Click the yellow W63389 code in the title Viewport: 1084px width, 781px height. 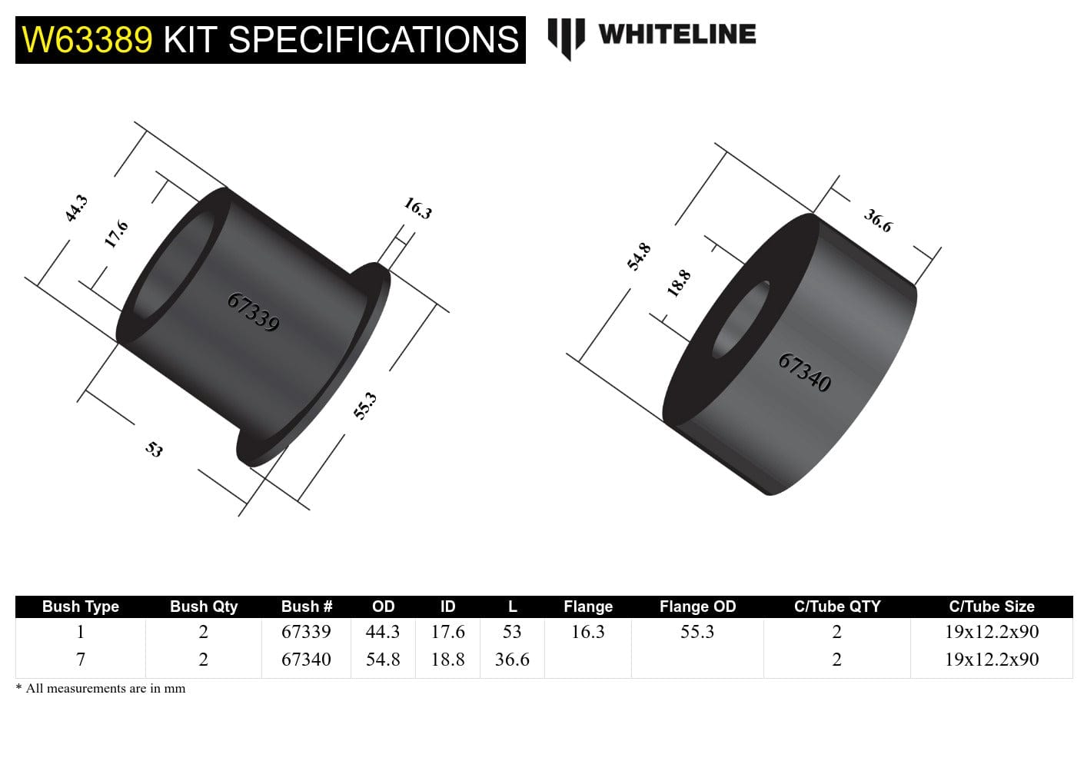[x=87, y=40]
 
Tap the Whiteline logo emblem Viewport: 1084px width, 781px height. [x=566, y=37]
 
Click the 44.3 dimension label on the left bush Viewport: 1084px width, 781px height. [x=76, y=208]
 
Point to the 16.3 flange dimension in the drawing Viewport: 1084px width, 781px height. [x=418, y=208]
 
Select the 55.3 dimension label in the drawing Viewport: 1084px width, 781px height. [x=365, y=405]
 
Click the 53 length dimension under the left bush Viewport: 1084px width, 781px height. [x=155, y=449]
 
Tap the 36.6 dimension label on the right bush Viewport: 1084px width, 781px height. [x=878, y=221]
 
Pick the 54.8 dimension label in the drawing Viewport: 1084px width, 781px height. [x=639, y=257]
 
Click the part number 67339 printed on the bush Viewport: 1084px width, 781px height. [x=253, y=311]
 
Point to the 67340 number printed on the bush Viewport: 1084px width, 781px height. [x=804, y=372]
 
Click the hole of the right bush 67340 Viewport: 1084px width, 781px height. [x=741, y=319]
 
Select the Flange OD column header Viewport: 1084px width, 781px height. [x=697, y=607]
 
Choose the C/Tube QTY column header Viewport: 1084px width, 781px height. [x=836, y=607]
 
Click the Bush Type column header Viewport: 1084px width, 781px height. [x=81, y=607]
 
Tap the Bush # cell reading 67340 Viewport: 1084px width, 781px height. [x=306, y=660]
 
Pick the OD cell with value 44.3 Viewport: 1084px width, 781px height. [x=383, y=632]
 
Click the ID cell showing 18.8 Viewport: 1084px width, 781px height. [x=447, y=660]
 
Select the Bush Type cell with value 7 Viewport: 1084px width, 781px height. [x=81, y=660]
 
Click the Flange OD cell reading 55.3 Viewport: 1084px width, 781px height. [x=697, y=632]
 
